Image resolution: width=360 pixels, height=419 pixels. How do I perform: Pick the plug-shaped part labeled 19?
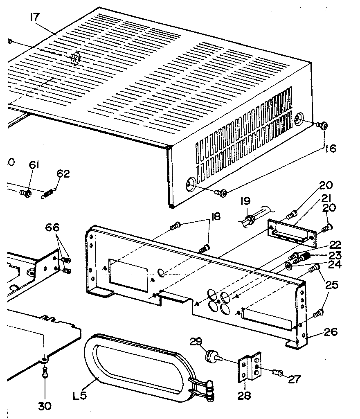[x=249, y=219]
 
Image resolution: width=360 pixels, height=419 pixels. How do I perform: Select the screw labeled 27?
[x=278, y=372]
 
